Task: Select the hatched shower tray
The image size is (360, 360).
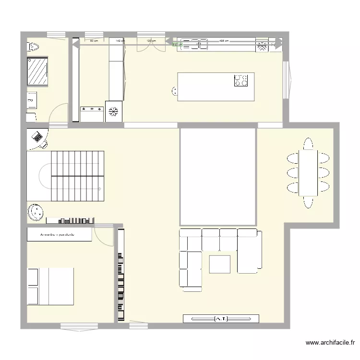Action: click(x=37, y=72)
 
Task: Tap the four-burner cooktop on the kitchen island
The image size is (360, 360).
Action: click(x=241, y=80)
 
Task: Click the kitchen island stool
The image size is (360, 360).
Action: click(x=174, y=90)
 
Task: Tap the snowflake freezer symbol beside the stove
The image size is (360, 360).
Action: click(x=114, y=112)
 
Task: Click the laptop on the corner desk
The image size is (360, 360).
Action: click(x=38, y=137)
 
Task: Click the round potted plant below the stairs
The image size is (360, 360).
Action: click(x=35, y=211)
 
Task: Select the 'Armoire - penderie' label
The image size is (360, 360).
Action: click(x=59, y=235)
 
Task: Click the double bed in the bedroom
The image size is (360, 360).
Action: click(x=50, y=286)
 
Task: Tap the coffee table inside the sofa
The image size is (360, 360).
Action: click(x=219, y=264)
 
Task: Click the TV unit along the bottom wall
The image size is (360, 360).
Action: click(x=221, y=318)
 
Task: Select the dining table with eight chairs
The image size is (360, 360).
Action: click(x=308, y=173)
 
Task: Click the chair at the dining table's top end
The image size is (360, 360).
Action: click(x=308, y=144)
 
